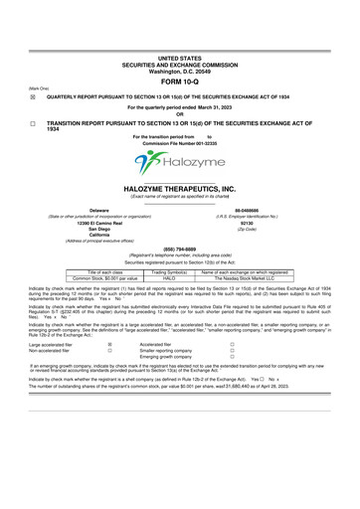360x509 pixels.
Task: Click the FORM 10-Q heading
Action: (179, 81)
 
